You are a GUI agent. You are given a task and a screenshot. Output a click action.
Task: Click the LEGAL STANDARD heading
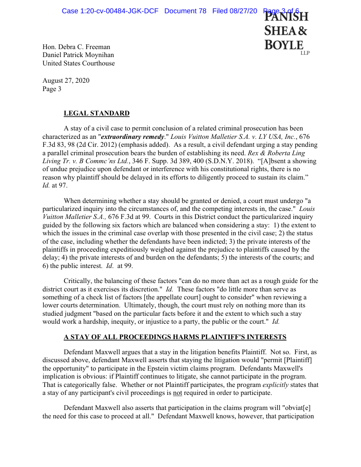pos(96,114)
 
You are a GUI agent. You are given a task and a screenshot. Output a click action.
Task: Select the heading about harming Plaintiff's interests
pos(175,337)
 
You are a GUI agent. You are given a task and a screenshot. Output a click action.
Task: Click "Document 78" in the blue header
pos(185,11)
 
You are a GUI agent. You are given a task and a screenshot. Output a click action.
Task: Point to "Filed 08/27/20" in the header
pos(234,11)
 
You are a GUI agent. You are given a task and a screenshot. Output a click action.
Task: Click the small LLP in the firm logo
pos(305,53)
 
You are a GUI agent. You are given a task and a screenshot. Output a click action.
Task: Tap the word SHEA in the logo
pos(279,31)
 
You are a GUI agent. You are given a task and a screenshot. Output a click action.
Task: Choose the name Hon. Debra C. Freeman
pos(77,47)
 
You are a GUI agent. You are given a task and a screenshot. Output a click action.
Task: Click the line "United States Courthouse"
pos(78,63)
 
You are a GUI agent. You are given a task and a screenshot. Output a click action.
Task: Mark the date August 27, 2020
pos(66,80)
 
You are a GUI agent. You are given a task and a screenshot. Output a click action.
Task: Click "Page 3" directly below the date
pos(52,89)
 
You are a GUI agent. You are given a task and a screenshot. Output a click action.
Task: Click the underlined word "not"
pos(178,393)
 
